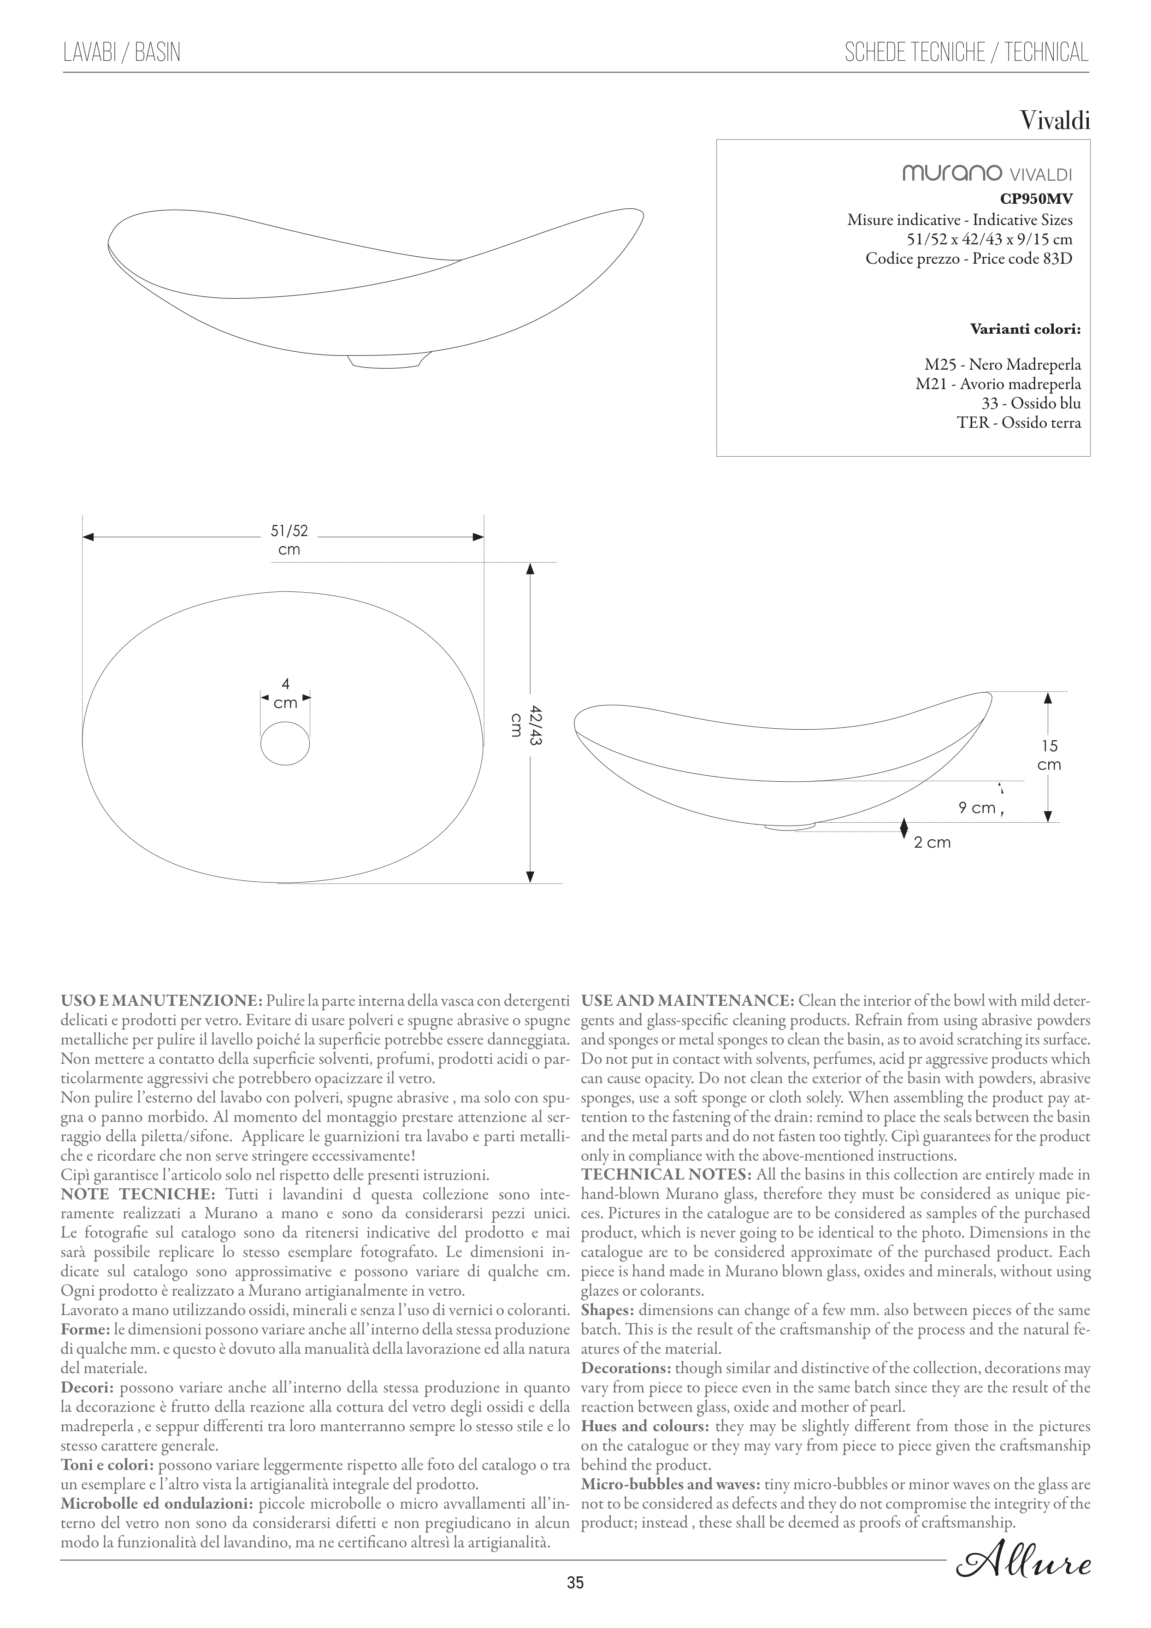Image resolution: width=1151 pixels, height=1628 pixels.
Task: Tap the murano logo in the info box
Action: [951, 173]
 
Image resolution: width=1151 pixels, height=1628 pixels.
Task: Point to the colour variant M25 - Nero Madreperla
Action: [1002, 365]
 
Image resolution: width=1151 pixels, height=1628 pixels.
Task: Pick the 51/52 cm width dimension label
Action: [289, 540]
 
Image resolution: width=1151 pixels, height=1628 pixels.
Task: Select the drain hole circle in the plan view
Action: [285, 744]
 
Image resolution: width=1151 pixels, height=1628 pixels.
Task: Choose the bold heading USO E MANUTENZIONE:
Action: [162, 1001]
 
